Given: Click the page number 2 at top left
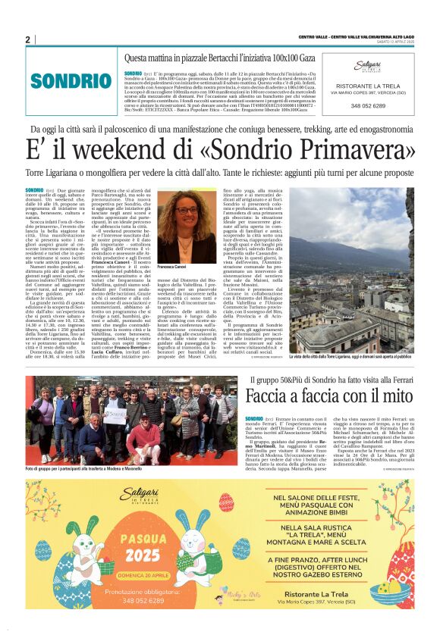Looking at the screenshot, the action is click(x=27, y=39).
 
